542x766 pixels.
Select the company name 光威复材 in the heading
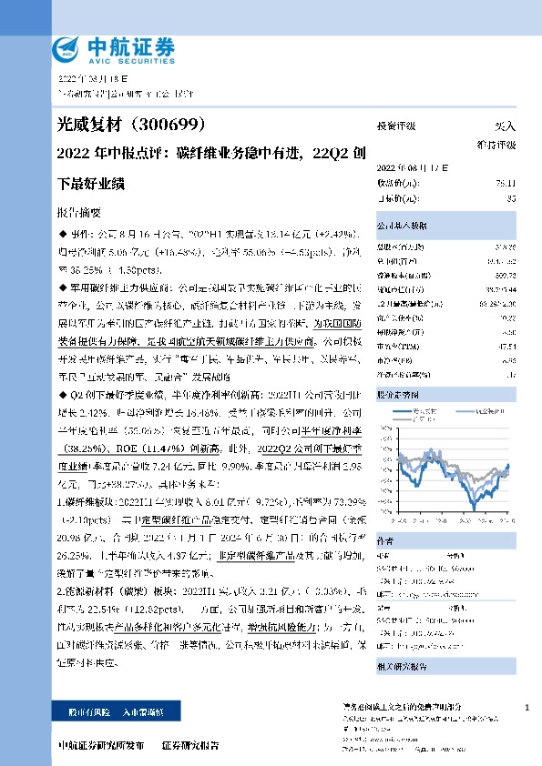click(86, 124)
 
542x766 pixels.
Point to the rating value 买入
click(504, 126)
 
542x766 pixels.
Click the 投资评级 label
click(396, 126)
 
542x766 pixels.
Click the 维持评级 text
click(496, 145)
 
